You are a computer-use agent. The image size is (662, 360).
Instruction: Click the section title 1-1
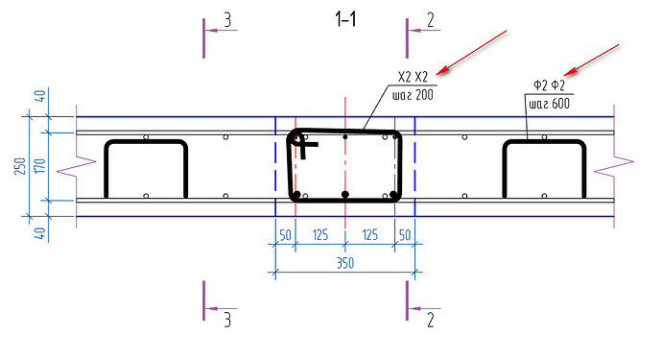(345, 19)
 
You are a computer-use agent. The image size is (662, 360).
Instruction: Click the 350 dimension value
(345, 263)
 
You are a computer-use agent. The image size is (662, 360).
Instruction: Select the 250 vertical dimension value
(20, 166)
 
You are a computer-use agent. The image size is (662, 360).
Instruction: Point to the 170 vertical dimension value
(39, 166)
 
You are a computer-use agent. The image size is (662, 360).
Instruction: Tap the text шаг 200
(413, 95)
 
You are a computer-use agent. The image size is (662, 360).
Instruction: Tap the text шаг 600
(549, 104)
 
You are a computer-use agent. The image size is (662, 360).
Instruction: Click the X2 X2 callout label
(413, 77)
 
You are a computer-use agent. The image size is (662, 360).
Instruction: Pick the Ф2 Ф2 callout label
(549, 85)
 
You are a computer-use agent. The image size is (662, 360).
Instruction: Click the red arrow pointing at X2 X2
(471, 53)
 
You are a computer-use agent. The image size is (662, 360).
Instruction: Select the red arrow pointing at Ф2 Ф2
(592, 60)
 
